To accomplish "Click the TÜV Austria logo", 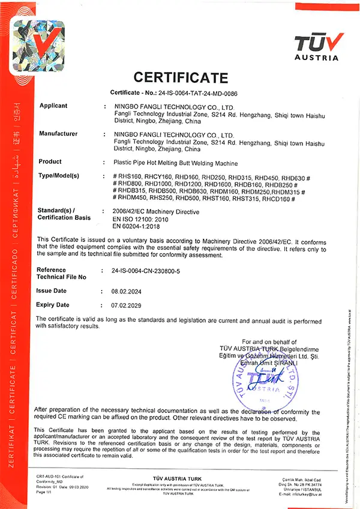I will pyautogui.click(x=319, y=47).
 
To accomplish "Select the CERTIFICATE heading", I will pyautogui.click(x=181, y=77).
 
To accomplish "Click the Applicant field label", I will pyautogui.click(x=53, y=106).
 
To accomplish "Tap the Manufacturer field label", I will pyautogui.click(x=58, y=133).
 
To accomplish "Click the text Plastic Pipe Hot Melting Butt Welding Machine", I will pyautogui.click(x=175, y=163).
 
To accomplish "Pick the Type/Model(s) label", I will pyautogui.click(x=59, y=175).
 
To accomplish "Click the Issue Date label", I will pyautogui.click(x=53, y=289).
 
